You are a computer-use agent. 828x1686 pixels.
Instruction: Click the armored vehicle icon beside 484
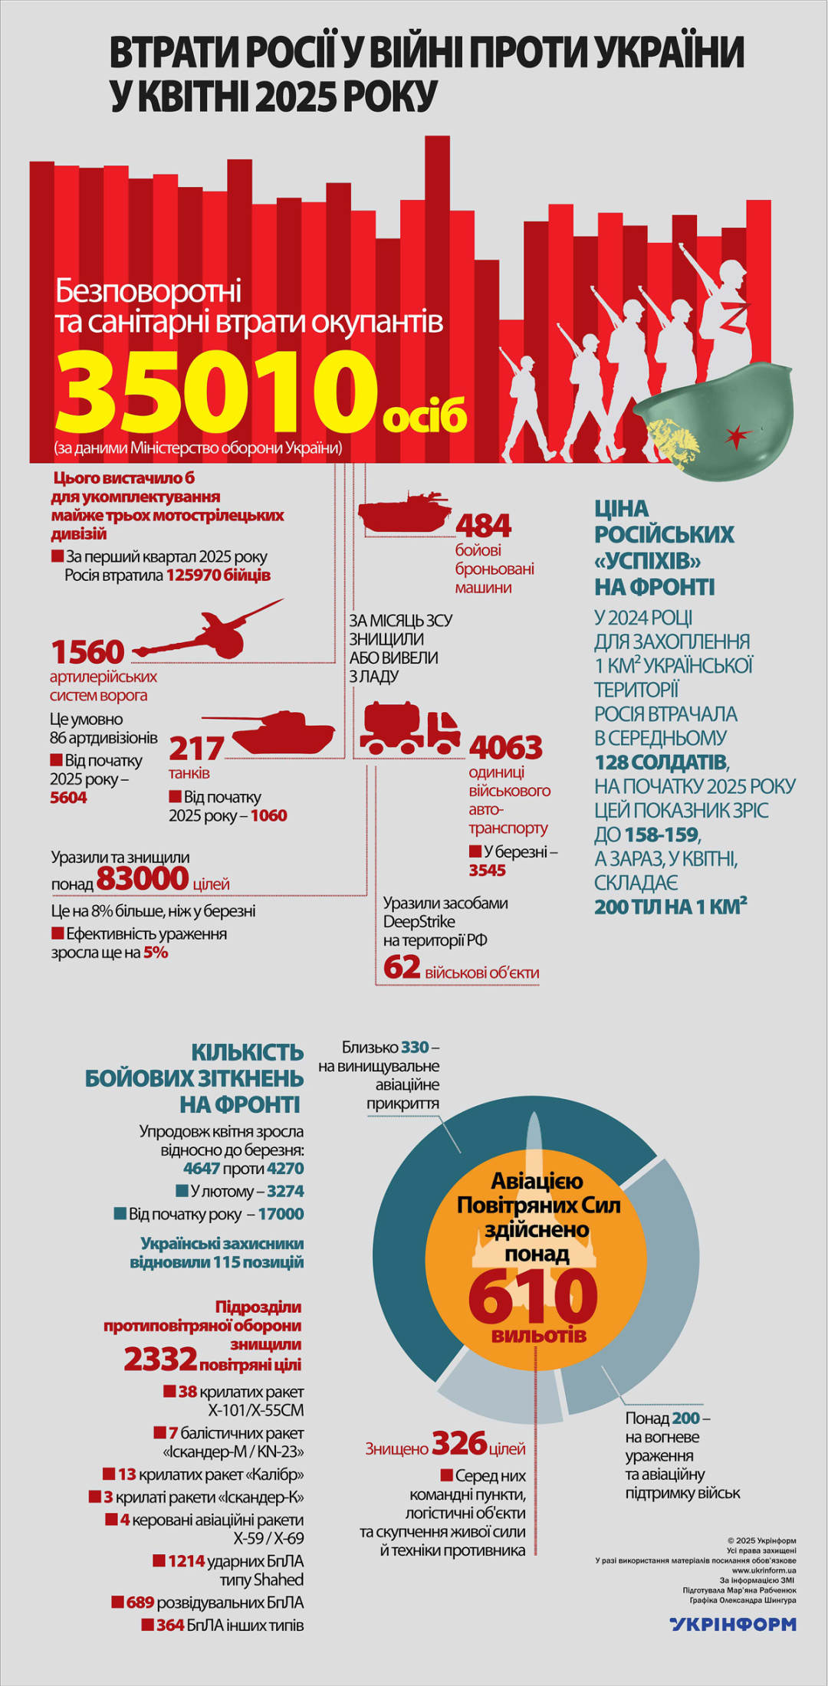click(403, 513)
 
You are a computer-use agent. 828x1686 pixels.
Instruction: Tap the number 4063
click(506, 747)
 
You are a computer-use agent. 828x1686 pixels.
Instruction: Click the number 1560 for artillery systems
click(87, 652)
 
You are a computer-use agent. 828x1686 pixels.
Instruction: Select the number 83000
click(143, 878)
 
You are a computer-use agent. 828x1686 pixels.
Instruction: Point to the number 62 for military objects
click(402, 967)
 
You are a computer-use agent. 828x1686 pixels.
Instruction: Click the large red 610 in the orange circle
click(533, 1297)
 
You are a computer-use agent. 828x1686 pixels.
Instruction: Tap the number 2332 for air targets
click(161, 1359)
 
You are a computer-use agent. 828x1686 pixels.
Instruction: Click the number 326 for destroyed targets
click(459, 1443)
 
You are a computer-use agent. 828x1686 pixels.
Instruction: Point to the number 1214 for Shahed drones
click(186, 1561)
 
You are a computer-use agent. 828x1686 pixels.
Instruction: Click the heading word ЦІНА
click(622, 509)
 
